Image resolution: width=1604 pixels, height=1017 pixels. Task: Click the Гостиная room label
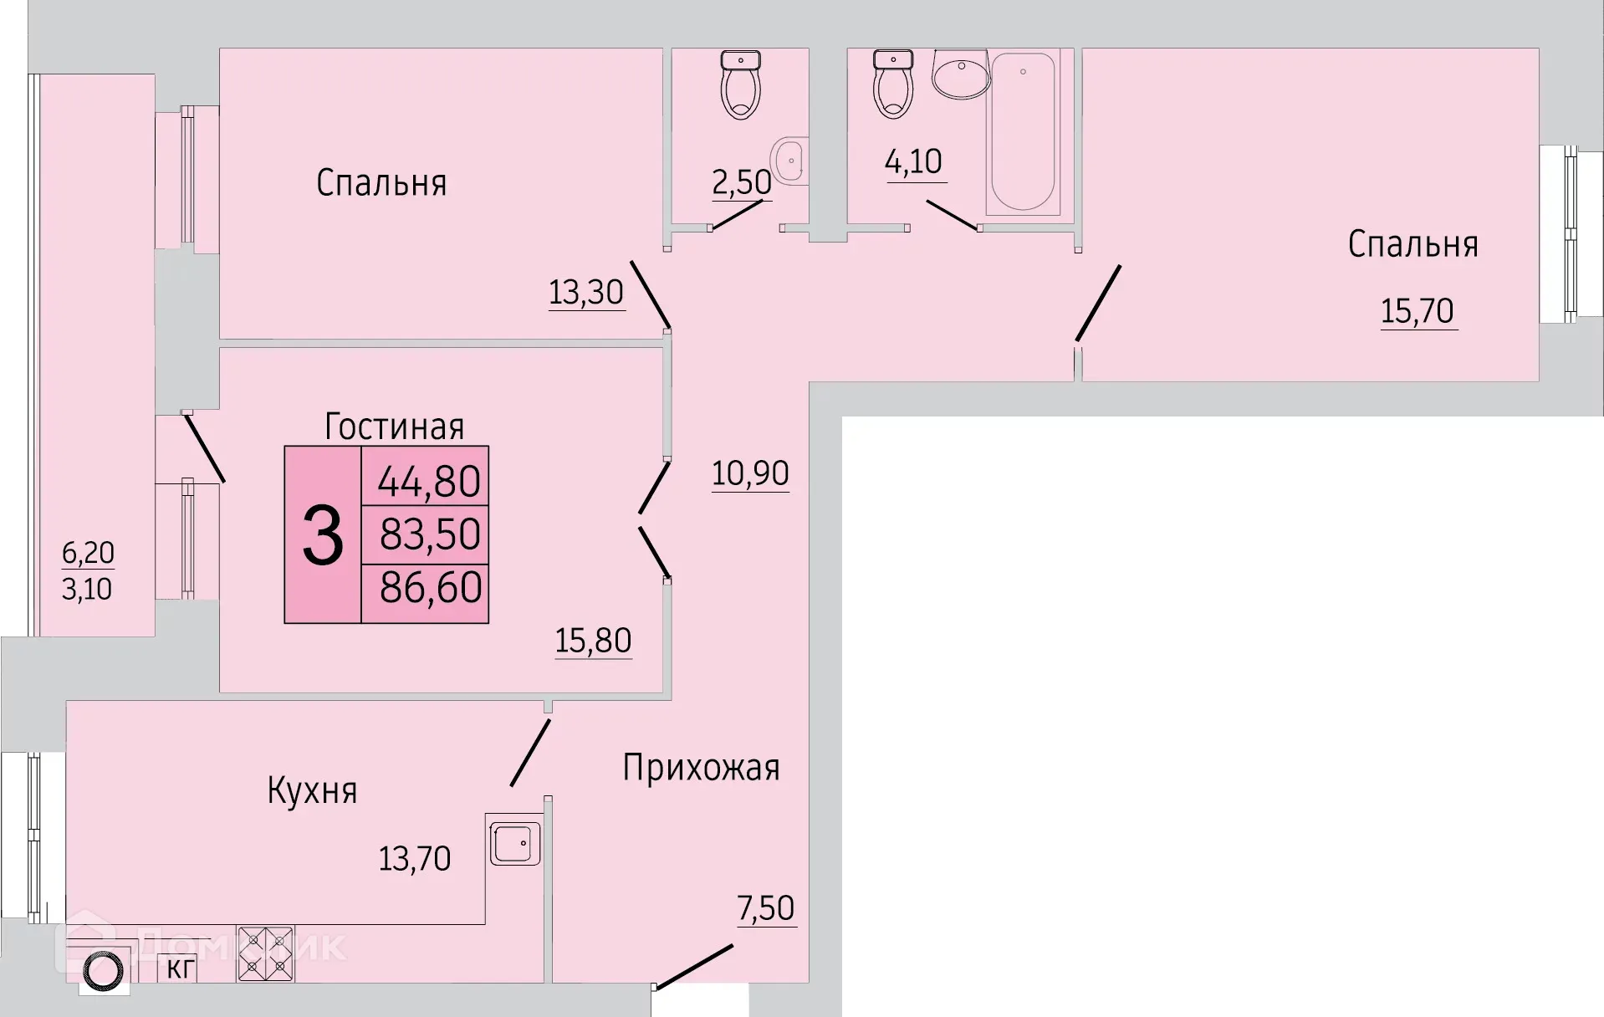394,427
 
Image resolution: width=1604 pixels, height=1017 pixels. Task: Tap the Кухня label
312,790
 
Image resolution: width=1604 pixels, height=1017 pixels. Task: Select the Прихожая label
701,768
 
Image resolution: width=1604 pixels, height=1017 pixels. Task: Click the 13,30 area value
586,293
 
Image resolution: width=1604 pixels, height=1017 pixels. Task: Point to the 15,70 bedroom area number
1418,311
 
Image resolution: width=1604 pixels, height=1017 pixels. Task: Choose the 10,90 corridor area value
750,473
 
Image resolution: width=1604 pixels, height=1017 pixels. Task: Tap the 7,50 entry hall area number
765,908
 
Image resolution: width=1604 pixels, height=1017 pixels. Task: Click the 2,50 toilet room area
741,182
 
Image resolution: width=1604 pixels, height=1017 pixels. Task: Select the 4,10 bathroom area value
913,161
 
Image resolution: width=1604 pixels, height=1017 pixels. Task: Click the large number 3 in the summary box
323,535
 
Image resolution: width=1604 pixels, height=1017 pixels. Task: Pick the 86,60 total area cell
431,587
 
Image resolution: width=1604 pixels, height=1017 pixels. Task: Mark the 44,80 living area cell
429,482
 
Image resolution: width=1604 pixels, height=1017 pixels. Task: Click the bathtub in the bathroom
1022,130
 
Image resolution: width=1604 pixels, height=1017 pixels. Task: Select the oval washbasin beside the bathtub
961,75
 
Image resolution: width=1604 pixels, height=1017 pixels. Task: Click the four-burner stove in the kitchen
265,953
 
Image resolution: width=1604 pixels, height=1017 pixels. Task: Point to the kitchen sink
514,843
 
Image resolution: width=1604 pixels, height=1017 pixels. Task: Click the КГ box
178,969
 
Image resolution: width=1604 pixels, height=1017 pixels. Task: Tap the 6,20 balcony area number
88,553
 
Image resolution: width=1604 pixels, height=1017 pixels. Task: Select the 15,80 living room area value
593,641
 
